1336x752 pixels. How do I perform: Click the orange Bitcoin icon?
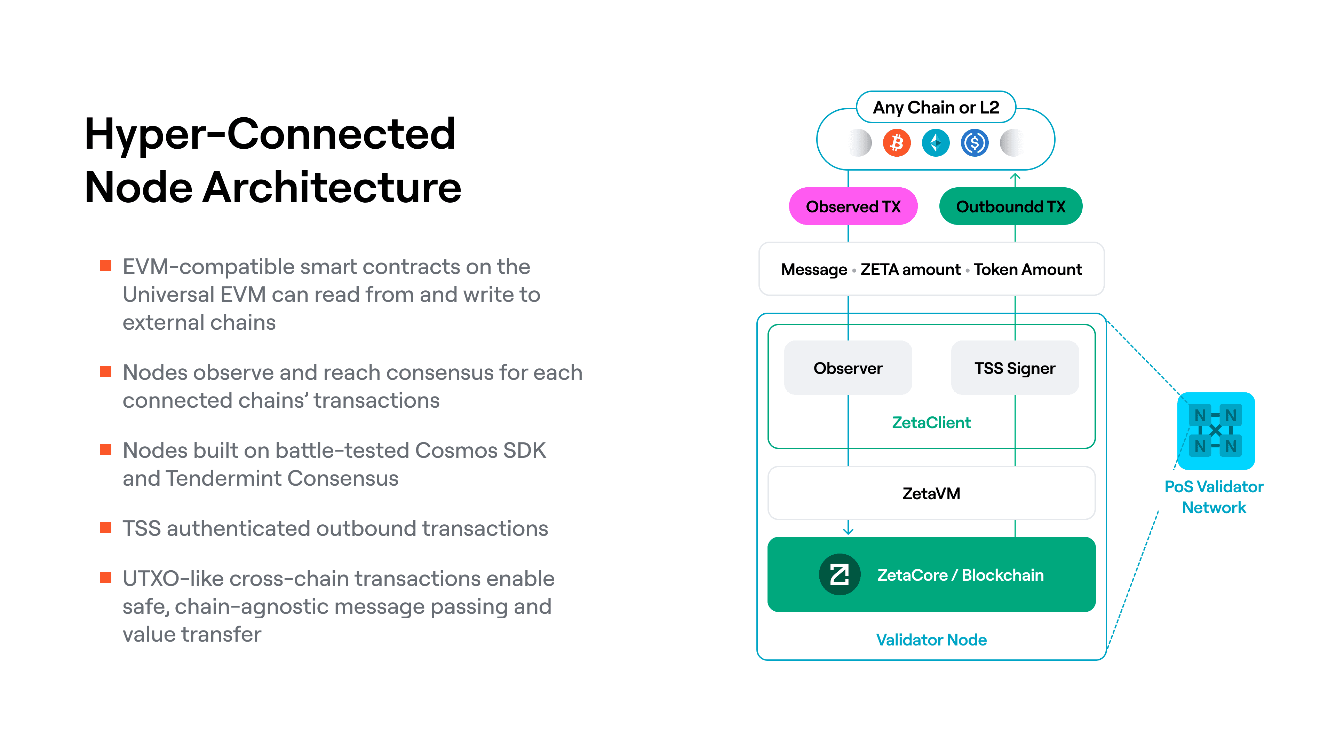(897, 143)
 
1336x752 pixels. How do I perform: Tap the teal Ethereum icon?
(936, 143)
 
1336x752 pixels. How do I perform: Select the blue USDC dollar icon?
(975, 143)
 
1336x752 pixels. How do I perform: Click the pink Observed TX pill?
(853, 206)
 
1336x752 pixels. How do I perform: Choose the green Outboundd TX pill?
(1010, 206)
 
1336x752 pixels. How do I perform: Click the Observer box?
(848, 368)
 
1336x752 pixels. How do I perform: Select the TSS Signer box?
(1015, 368)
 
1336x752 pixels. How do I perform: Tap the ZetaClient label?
(931, 422)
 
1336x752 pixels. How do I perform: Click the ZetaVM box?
(931, 493)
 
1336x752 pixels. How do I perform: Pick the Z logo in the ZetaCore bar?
(839, 574)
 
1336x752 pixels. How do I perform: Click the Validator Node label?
(931, 640)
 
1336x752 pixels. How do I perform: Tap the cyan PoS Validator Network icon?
(1215, 431)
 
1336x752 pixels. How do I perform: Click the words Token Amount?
(1027, 269)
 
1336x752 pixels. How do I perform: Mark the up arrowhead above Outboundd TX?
(1015, 178)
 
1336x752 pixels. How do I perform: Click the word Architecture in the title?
(332, 187)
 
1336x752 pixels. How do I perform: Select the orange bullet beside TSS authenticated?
(106, 528)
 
